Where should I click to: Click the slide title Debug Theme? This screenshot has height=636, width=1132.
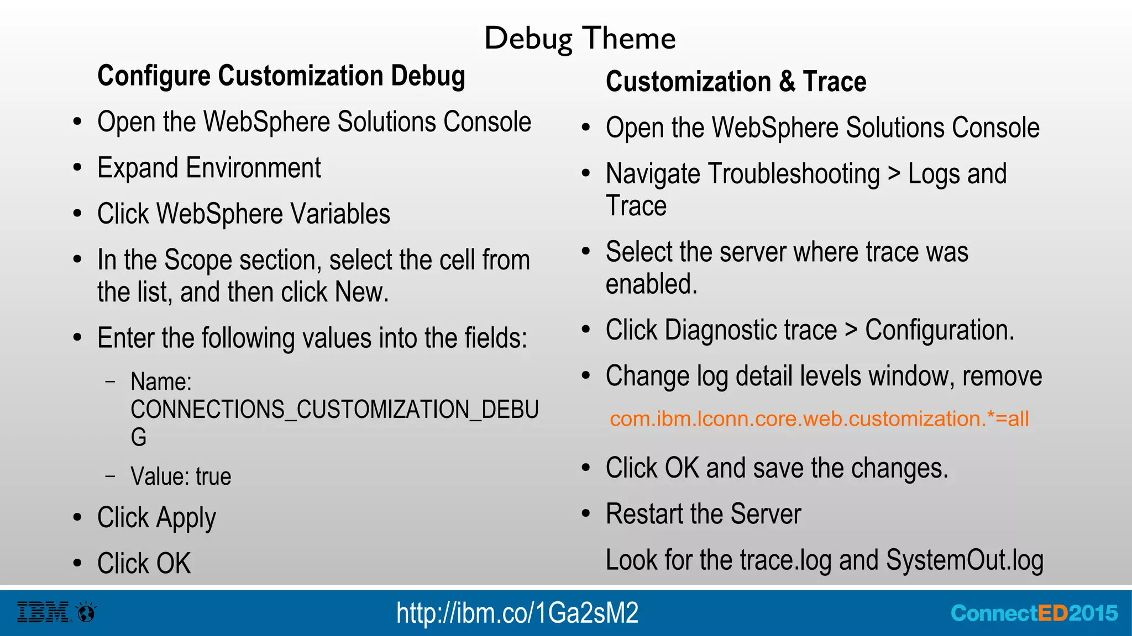[x=580, y=39]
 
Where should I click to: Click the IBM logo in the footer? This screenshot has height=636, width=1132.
[x=44, y=612]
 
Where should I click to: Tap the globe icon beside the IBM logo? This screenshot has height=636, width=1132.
[x=86, y=612]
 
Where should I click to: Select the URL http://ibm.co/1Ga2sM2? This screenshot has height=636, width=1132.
[x=517, y=613]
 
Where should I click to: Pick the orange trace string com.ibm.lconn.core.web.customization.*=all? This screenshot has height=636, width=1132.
[x=819, y=418]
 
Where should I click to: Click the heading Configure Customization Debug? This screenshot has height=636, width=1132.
[x=281, y=76]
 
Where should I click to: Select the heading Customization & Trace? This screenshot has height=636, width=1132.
[x=736, y=82]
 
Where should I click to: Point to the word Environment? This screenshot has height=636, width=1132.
[x=253, y=168]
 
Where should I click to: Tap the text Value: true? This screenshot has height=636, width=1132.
[x=181, y=476]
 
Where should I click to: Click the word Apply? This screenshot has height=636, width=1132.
[x=186, y=518]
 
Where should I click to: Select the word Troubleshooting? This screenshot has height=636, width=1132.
[x=794, y=174]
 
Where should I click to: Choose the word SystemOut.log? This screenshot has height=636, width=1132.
[x=965, y=560]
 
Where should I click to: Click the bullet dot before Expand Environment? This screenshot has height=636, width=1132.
[x=77, y=168]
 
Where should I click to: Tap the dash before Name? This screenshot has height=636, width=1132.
[x=111, y=381]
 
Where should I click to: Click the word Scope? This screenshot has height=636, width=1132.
[x=198, y=261]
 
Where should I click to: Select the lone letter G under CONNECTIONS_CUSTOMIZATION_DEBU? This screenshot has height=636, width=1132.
[x=139, y=437]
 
